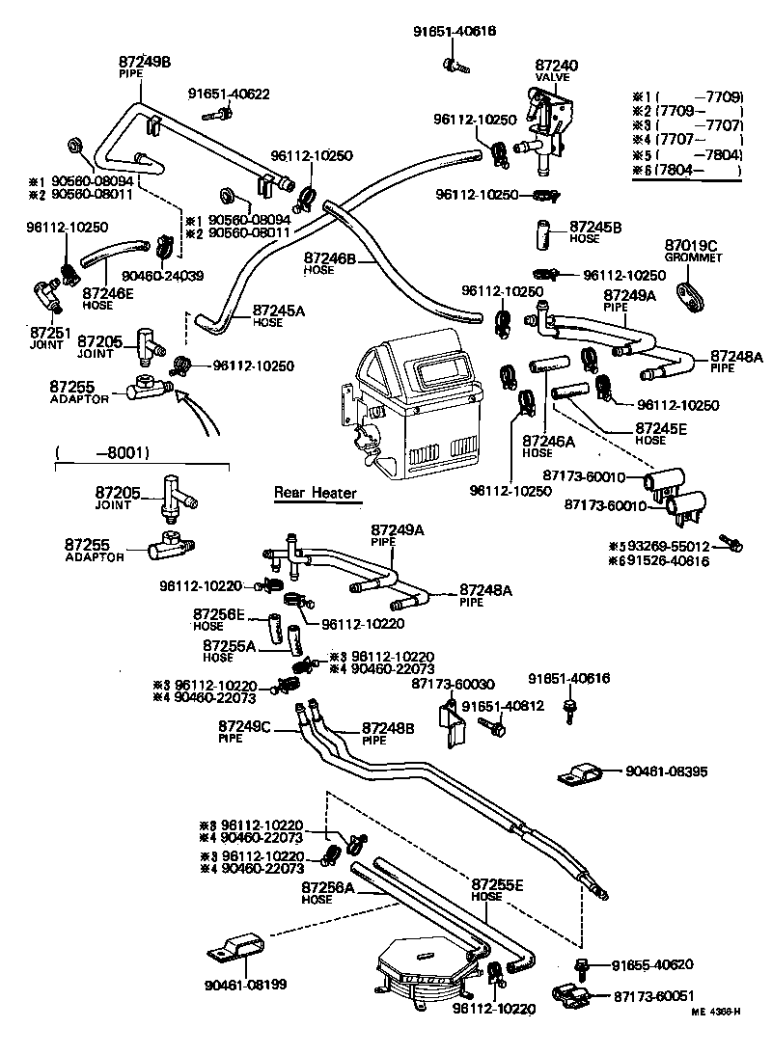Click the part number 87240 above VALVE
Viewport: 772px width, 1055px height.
click(x=557, y=65)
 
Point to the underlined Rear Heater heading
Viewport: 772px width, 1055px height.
click(x=316, y=493)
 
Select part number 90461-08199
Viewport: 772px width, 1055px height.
click(x=244, y=985)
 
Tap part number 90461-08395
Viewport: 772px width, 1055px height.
click(x=667, y=771)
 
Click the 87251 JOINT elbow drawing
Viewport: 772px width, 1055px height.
click(x=47, y=293)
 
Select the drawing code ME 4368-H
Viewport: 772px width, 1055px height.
click(x=715, y=1011)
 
